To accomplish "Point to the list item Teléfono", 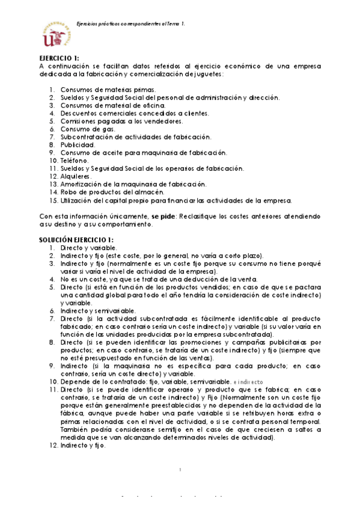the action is pos(75,161).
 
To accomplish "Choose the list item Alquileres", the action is pos(76,176).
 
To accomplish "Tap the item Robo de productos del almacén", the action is pos(112,192).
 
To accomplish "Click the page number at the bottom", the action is pos(180,469).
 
